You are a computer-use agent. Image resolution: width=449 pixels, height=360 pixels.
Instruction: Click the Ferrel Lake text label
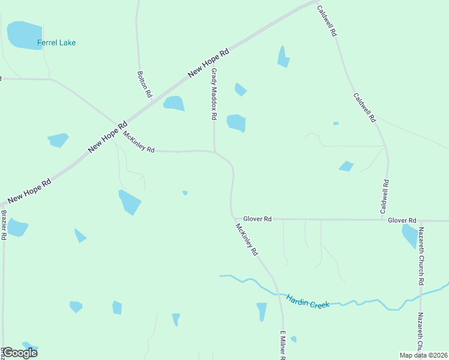(x=56, y=43)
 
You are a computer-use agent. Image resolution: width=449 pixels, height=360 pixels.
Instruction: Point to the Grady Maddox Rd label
(x=213, y=94)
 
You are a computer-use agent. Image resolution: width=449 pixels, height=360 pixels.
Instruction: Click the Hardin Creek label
(x=308, y=301)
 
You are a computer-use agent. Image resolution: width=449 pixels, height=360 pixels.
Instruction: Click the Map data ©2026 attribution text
(x=423, y=355)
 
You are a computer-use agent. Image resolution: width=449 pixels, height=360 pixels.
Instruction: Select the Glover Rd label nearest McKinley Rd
(x=258, y=220)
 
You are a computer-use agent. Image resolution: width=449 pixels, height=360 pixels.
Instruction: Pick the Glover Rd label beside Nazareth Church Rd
(x=402, y=221)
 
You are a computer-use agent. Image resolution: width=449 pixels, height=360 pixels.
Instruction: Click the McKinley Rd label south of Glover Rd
(x=246, y=240)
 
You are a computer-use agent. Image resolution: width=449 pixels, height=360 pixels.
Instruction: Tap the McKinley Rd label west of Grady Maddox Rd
(x=139, y=142)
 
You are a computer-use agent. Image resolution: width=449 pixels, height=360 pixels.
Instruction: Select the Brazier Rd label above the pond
(x=3, y=224)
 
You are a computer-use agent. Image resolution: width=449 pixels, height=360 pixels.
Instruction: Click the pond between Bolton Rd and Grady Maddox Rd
(x=174, y=103)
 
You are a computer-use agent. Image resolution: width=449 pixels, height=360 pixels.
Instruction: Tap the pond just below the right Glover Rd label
(x=410, y=236)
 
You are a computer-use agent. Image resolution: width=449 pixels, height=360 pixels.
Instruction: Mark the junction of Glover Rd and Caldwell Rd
(x=385, y=220)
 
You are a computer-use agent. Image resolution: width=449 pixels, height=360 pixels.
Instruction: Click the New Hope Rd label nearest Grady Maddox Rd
(x=208, y=62)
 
